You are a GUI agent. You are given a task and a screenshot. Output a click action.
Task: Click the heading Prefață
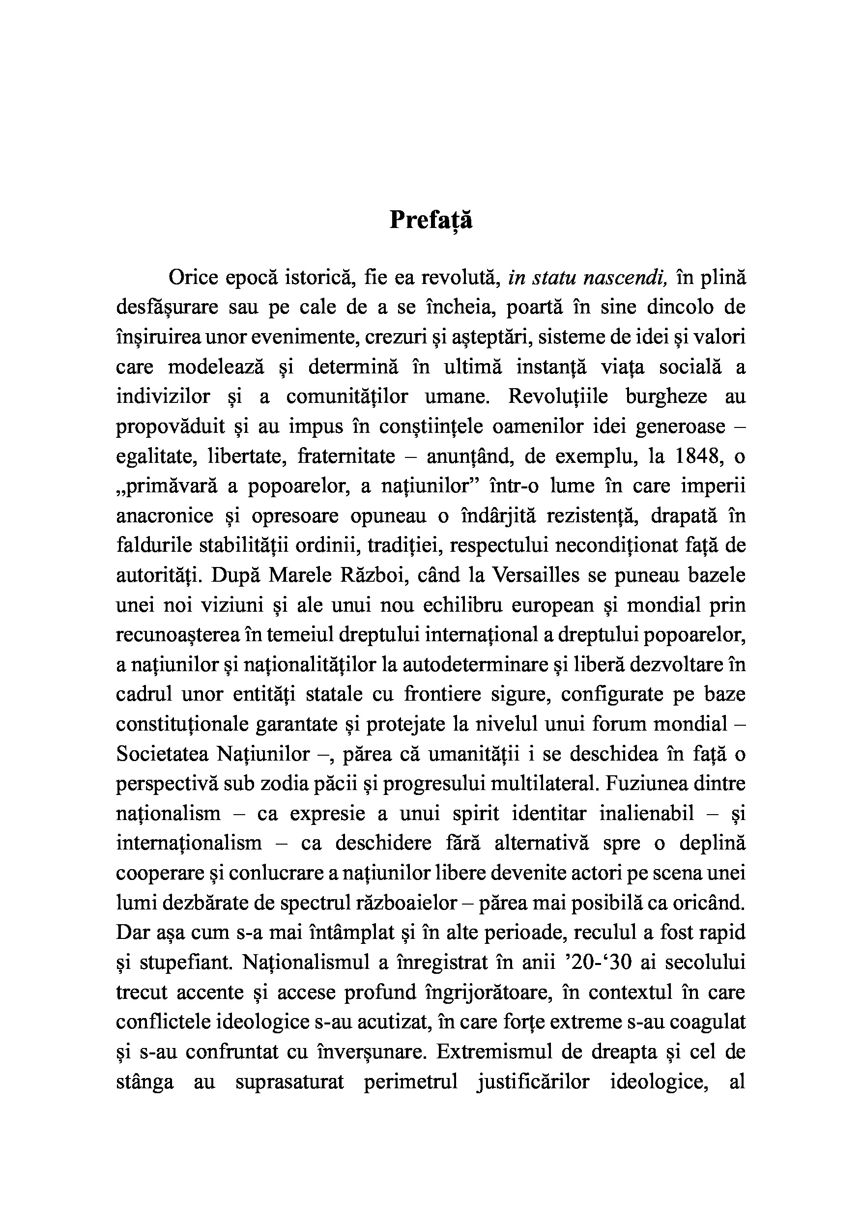click(x=430, y=220)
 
